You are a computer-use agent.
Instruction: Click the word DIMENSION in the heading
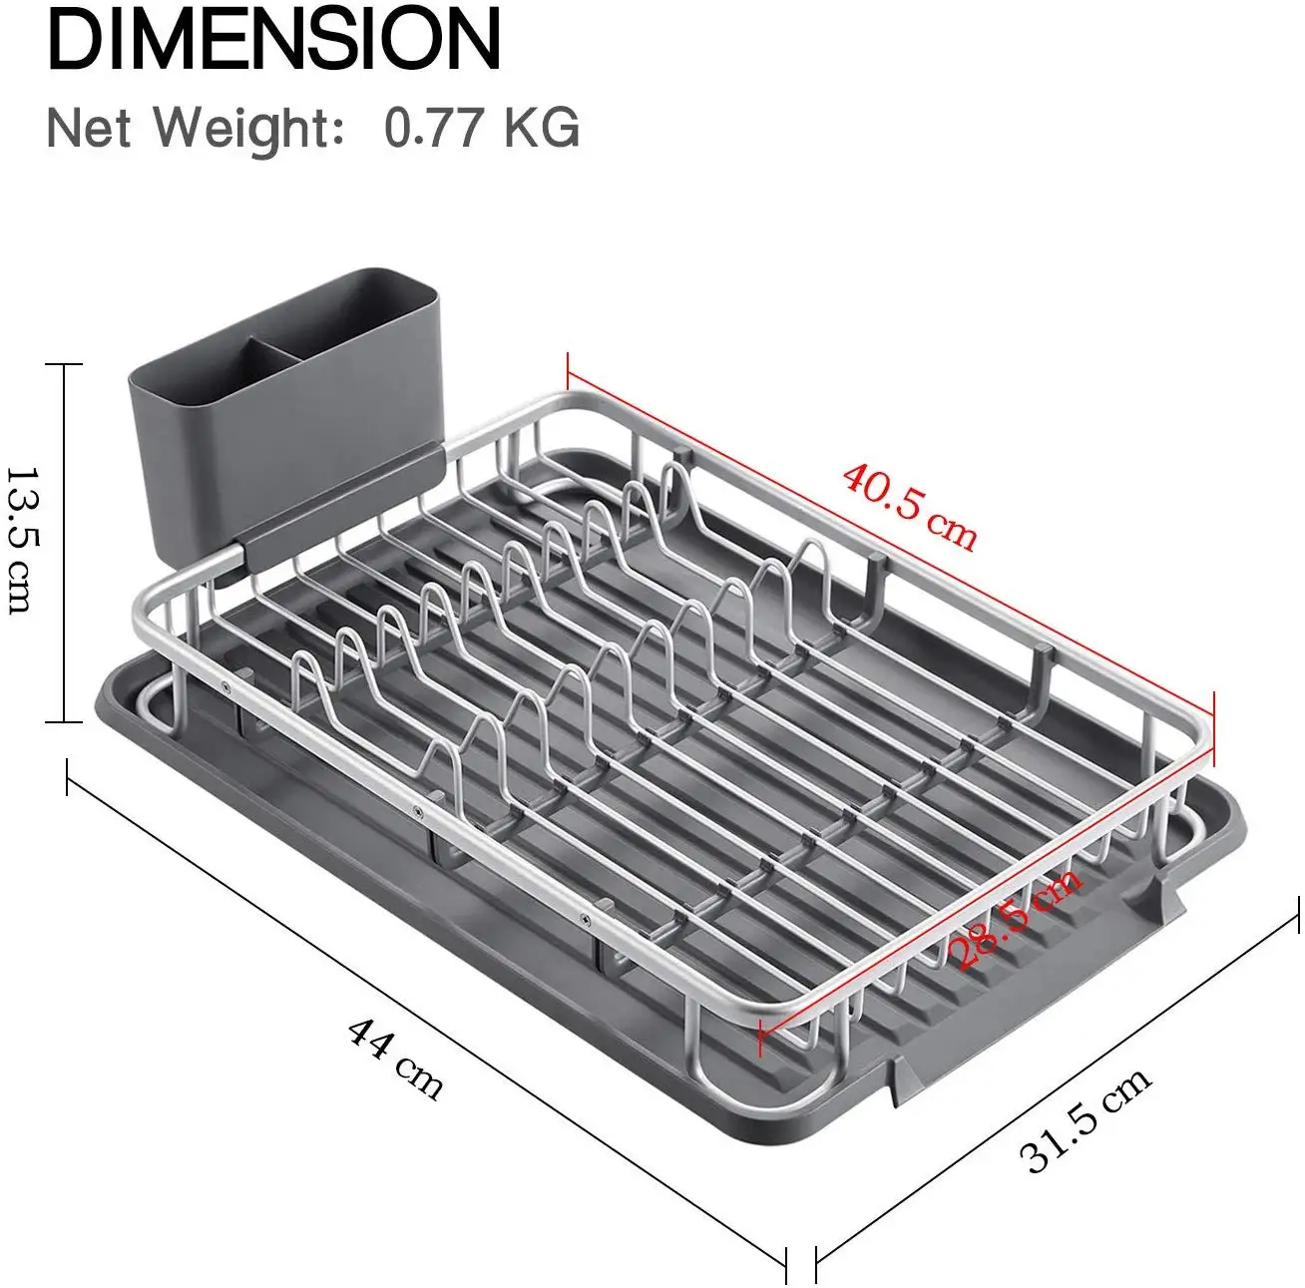[274, 38]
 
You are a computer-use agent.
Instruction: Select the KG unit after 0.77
[542, 127]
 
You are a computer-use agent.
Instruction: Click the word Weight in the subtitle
[247, 129]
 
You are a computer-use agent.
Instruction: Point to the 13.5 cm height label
[24, 542]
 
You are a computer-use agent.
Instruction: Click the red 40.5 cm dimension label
[910, 506]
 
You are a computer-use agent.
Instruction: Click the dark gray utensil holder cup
[284, 427]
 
